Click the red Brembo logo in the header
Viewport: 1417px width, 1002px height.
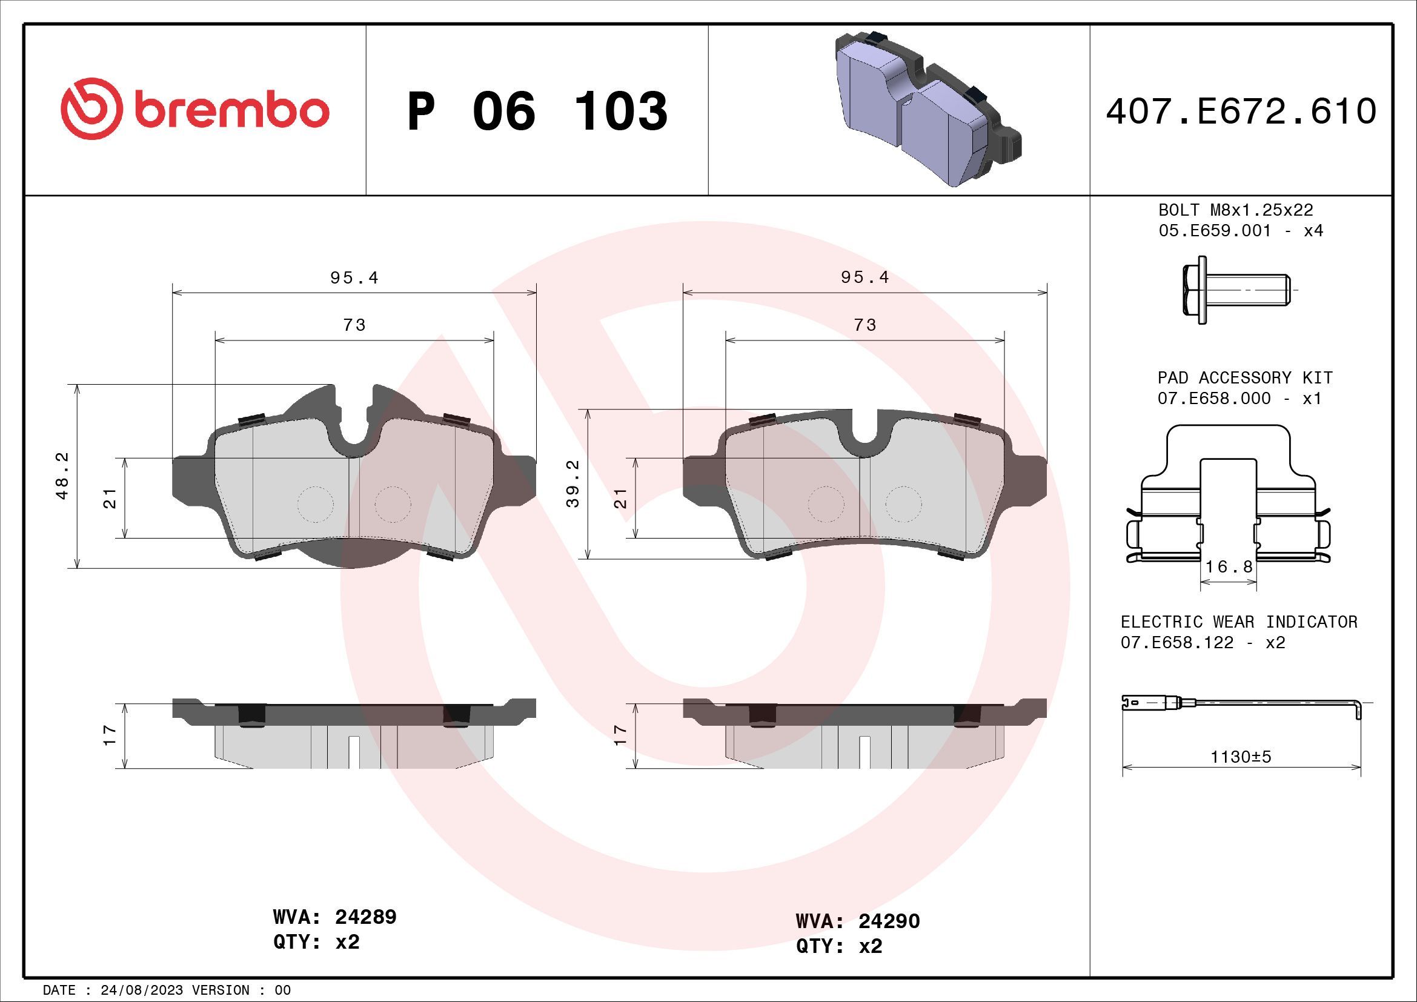point(195,111)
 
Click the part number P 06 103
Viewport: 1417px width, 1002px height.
point(537,111)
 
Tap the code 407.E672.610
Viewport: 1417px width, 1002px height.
point(1241,111)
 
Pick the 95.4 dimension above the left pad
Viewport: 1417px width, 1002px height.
point(354,278)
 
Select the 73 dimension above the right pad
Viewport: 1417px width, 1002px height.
point(864,325)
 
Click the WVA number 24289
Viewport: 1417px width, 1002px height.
point(365,917)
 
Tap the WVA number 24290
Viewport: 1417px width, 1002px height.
point(889,921)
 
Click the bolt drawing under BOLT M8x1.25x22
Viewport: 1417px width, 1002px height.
point(1233,290)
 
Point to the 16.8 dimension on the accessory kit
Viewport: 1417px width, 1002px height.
point(1229,566)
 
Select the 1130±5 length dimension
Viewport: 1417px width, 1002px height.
point(1241,757)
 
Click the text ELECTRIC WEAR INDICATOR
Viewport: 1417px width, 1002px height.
point(1239,622)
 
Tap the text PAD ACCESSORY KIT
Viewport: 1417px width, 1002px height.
point(1245,377)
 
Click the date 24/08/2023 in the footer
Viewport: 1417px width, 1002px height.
point(141,990)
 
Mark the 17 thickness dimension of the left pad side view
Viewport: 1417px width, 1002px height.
point(110,735)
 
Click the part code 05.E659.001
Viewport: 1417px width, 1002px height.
point(1215,231)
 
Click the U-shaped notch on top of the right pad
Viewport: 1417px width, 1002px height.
point(864,435)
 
